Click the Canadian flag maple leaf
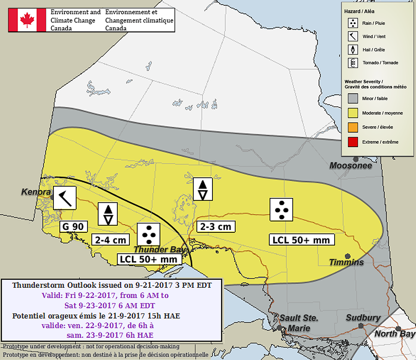click(27, 20)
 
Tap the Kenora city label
click(36, 192)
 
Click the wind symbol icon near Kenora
click(65, 198)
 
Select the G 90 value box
click(74, 227)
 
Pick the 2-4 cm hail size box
click(110, 240)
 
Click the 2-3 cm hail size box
click(216, 227)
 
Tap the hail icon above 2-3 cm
click(203, 189)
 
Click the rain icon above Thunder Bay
click(149, 235)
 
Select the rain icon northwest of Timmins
click(281, 209)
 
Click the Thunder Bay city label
click(160, 250)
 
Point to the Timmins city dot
click(348, 256)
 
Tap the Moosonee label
click(351, 166)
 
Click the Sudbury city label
click(363, 318)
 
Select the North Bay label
click(395, 334)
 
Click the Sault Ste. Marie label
click(299, 323)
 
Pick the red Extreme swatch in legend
click(353, 142)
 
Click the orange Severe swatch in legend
click(353, 127)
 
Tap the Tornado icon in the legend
click(353, 63)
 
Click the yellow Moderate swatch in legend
click(353, 113)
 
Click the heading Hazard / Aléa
click(359, 11)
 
